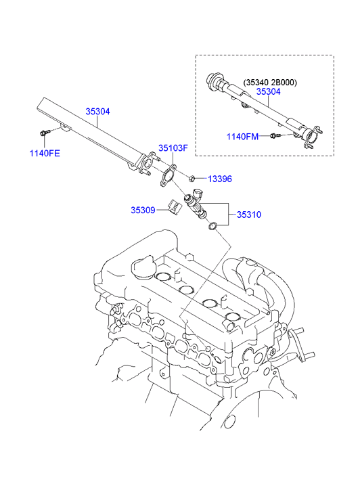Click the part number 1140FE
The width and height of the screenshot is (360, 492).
(45, 153)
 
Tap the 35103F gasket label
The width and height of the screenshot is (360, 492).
(173, 148)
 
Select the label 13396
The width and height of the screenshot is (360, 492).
(219, 179)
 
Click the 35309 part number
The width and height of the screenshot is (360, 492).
(143, 210)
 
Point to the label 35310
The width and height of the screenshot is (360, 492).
(248, 215)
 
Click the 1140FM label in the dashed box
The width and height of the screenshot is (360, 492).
(242, 137)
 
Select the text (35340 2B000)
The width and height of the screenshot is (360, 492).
(270, 83)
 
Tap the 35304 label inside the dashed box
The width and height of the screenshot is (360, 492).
(270, 92)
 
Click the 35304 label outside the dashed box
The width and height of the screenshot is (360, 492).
(97, 112)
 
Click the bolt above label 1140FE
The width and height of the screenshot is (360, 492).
(44, 133)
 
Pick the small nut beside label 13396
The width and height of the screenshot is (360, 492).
(193, 178)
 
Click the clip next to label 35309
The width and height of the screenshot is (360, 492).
(174, 205)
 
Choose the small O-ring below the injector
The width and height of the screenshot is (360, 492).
(212, 226)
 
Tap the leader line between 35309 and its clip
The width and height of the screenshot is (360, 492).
(162, 210)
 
